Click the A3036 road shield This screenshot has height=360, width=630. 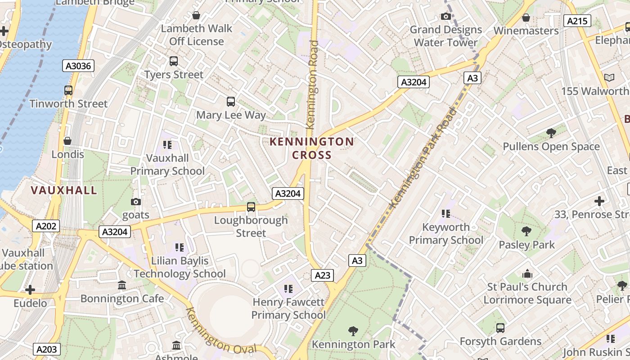coord(78,66)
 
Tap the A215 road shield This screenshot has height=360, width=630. coord(577,21)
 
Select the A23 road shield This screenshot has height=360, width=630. coord(322,275)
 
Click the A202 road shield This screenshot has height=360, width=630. coord(46,226)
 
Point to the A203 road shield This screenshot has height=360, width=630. coord(46,349)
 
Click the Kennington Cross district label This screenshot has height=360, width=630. coord(312,148)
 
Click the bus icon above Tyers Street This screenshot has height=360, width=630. coord(173,61)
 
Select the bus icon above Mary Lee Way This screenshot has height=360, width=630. coord(231,102)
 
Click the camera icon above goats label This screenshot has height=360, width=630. coord(135,202)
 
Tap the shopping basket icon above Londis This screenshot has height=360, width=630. coord(67,141)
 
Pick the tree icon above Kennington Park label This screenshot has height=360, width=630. coord(353,331)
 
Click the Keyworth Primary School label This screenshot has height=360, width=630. coord(445,234)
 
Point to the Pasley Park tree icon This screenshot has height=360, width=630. coord(526,232)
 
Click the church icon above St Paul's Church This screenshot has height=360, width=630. coord(527,274)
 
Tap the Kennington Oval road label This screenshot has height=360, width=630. coord(220,331)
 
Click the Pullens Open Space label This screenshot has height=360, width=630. coord(551,147)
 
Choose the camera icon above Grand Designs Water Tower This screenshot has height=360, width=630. coord(446,17)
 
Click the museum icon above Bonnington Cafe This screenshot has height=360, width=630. coord(122,285)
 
